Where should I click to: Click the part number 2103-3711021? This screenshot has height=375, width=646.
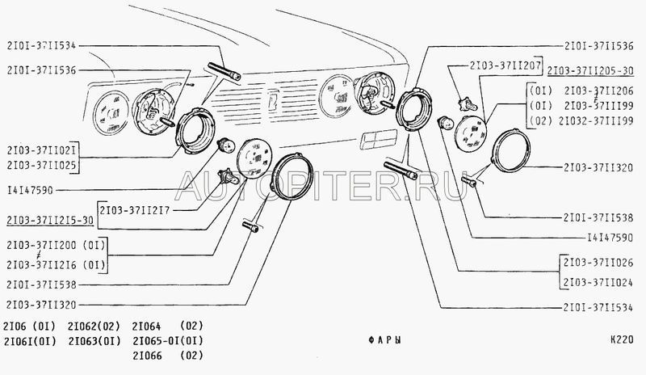[41, 150]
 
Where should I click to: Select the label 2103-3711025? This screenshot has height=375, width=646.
[41, 166]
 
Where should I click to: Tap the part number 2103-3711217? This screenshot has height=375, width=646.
[134, 210]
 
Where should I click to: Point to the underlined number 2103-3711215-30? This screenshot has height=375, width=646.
[50, 221]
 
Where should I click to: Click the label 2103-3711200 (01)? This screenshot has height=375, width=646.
[56, 246]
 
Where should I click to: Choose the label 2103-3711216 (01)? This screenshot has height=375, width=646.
[56, 265]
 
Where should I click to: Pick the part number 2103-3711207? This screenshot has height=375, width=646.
[505, 65]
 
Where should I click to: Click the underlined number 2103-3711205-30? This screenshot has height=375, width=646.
[590, 70]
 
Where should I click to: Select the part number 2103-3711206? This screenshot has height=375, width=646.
[598, 91]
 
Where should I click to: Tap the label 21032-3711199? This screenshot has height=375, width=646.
[596, 121]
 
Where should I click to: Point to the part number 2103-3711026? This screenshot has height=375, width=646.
[598, 263]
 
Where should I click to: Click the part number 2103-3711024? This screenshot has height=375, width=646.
[598, 283]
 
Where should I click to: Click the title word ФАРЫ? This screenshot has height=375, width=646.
[385, 340]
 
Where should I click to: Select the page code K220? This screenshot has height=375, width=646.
[622, 340]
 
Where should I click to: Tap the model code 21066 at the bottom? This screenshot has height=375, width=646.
[147, 356]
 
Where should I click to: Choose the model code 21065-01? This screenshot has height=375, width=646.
[153, 341]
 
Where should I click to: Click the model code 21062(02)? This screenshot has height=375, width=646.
[94, 327]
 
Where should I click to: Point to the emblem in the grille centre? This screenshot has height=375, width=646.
[274, 101]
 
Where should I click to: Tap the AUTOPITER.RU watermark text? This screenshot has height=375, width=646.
[321, 186]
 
